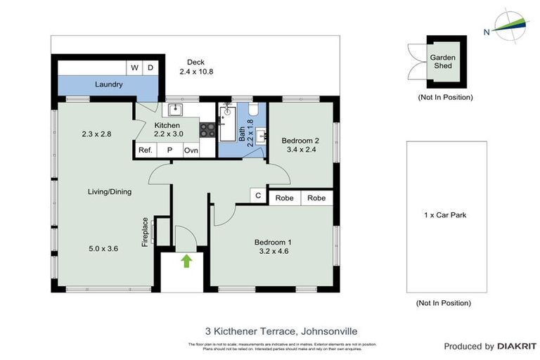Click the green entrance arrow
pos(186,262)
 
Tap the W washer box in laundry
pos(135,67)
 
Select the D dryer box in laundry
pos(150,67)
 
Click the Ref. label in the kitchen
pos(146,150)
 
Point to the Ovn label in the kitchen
pos(191,150)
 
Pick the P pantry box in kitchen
pos(169,150)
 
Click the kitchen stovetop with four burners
pos(208,129)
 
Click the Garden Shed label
pos(443,62)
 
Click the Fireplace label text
pos(146,231)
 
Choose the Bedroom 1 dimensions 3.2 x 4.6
pos(274,250)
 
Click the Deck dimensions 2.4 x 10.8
pos(195,72)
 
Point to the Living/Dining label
pos(109,191)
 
